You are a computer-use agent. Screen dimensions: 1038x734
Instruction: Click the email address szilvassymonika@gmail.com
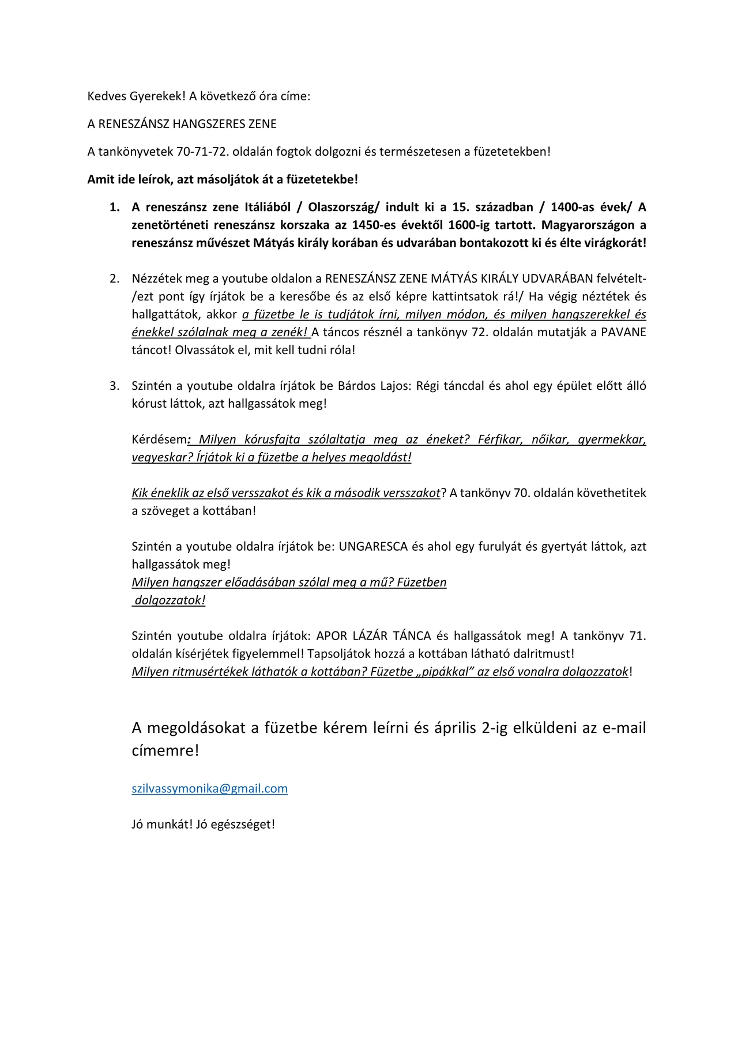coord(209,788)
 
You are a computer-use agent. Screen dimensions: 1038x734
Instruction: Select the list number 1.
coord(115,207)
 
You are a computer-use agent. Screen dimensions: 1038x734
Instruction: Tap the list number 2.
coord(115,279)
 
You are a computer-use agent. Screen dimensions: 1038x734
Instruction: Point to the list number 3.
coord(115,386)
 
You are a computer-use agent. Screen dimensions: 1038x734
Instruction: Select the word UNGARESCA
coord(373,546)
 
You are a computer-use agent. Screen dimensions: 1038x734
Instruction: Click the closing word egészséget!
coord(243,824)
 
